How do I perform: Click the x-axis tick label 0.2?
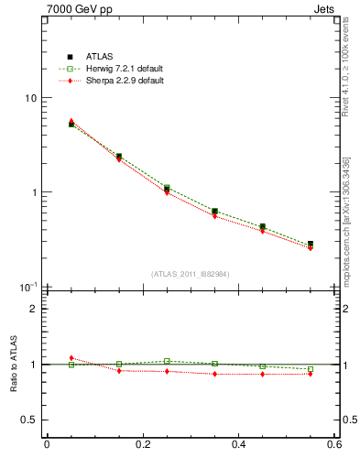[x=142, y=444]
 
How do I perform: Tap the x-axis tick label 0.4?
[x=238, y=444]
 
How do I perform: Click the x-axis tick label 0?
[x=47, y=444]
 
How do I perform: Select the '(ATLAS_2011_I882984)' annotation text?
[x=190, y=274]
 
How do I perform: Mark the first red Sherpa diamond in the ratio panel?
[x=71, y=358]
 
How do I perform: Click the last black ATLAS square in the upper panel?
[x=311, y=245]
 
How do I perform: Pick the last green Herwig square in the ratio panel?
[x=311, y=369]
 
